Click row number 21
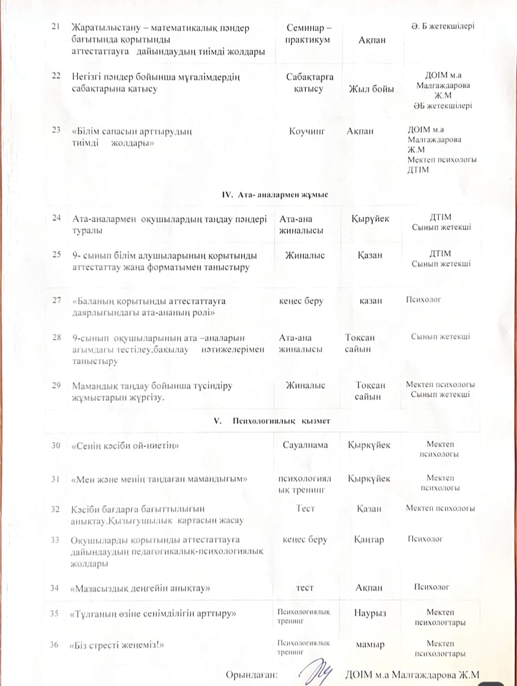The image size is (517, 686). pyautogui.click(x=56, y=26)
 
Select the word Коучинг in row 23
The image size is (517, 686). pyautogui.click(x=307, y=131)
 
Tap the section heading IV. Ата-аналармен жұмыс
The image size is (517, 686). pyautogui.click(x=275, y=195)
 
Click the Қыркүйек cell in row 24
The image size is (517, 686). pyautogui.click(x=370, y=219)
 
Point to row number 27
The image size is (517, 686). pyautogui.click(x=56, y=300)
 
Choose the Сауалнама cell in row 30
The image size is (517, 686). pyautogui.click(x=305, y=445)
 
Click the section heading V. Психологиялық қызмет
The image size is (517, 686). pyautogui.click(x=272, y=421)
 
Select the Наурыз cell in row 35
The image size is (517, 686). pyautogui.click(x=370, y=613)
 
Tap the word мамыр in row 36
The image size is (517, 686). pyautogui.click(x=370, y=644)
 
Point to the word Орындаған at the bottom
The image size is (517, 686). pyautogui.click(x=252, y=675)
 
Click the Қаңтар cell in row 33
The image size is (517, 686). pyautogui.click(x=369, y=539)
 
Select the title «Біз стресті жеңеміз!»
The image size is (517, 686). pyautogui.click(x=117, y=645)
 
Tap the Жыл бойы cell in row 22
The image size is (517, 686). pyautogui.click(x=371, y=89)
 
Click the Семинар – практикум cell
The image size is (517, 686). pyautogui.click(x=308, y=34)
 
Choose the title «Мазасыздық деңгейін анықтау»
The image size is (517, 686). pyautogui.click(x=140, y=588)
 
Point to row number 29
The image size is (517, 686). pyautogui.click(x=56, y=385)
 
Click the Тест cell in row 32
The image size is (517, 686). pyautogui.click(x=305, y=508)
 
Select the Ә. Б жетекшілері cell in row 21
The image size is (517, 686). pyautogui.click(x=442, y=26)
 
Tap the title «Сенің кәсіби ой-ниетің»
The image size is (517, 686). pyautogui.click(x=125, y=446)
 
